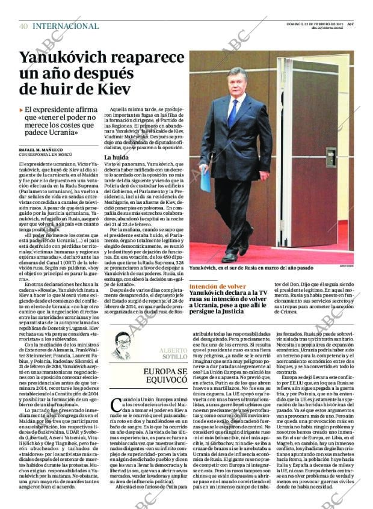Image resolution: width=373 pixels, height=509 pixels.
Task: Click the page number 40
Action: (x=23, y=26)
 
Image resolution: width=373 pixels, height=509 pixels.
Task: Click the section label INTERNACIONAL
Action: (x=66, y=26)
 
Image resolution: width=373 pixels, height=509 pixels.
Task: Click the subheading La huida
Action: (x=116, y=157)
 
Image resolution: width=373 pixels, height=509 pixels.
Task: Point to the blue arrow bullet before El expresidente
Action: (x=21, y=110)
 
